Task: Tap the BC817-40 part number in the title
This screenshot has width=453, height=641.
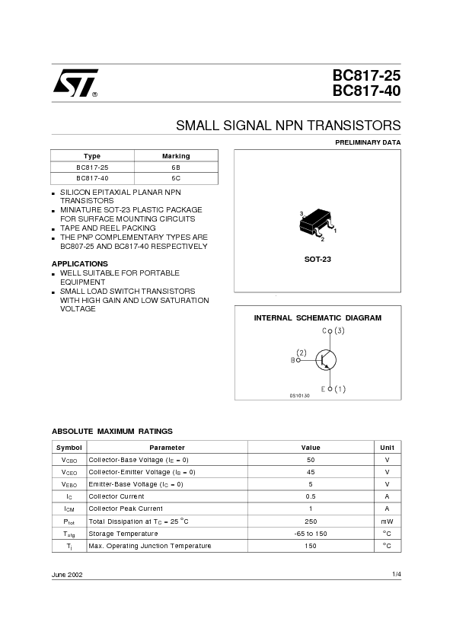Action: (x=366, y=91)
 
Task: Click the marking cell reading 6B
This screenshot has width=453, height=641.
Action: (x=176, y=167)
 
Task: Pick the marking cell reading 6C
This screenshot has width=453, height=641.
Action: (x=176, y=177)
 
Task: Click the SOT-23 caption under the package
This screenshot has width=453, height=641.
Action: (x=317, y=260)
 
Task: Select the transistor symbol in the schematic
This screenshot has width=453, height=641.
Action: (x=326, y=360)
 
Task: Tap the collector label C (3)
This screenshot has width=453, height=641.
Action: (x=333, y=331)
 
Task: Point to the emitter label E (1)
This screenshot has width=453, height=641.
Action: (x=333, y=389)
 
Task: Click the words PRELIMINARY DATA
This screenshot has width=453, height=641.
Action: (x=368, y=142)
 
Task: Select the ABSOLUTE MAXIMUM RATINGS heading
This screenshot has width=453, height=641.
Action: (x=112, y=431)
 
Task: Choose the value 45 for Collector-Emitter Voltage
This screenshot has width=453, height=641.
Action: (x=311, y=472)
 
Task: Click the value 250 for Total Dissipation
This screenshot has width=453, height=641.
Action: (x=311, y=521)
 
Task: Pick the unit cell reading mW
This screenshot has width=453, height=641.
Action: (x=387, y=521)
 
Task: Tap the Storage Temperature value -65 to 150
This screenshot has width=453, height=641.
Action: (x=311, y=534)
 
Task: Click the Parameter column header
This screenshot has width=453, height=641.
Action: (x=167, y=448)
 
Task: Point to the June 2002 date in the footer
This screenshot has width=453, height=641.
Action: (x=67, y=574)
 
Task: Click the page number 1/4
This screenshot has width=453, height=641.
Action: (x=396, y=574)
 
